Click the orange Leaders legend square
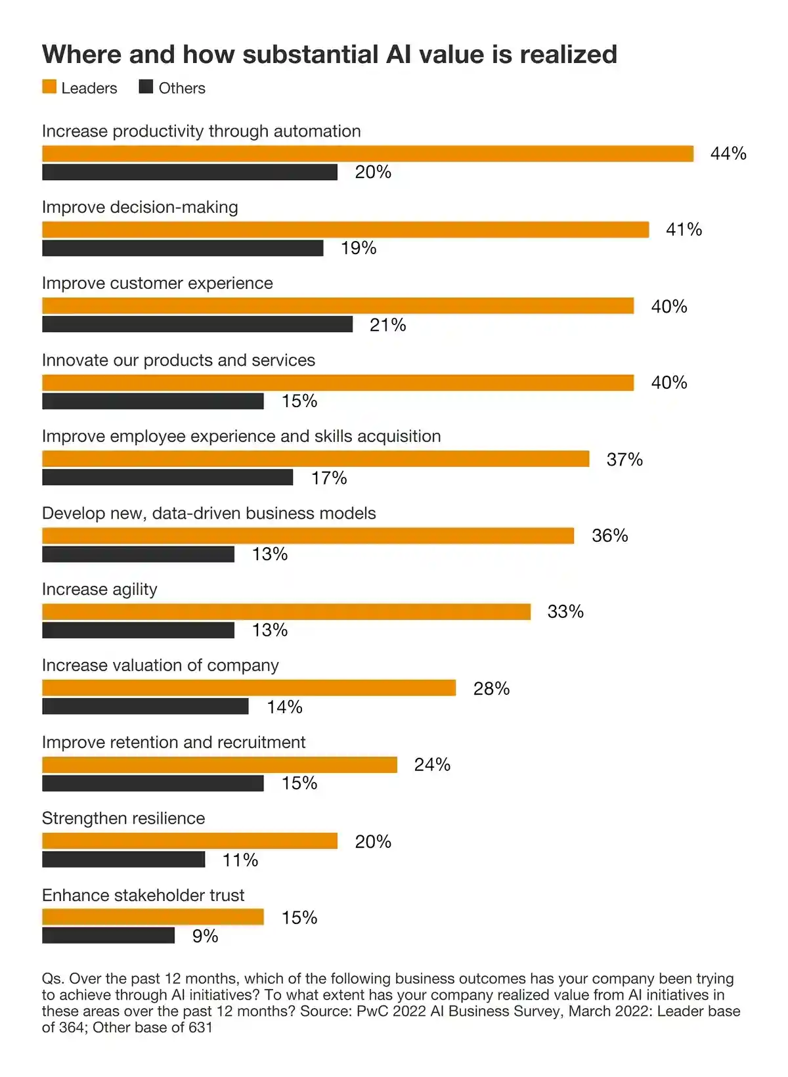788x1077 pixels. pyautogui.click(x=49, y=87)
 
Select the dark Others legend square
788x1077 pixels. pyautogui.click(x=146, y=87)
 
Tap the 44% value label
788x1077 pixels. pyautogui.click(x=728, y=154)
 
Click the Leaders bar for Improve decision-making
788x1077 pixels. pyautogui.click(x=345, y=230)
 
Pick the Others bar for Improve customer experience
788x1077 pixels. pyautogui.click(x=197, y=324)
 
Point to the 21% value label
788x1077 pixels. pyautogui.click(x=387, y=325)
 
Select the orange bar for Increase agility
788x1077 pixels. pyautogui.click(x=286, y=612)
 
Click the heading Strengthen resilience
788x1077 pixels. pyautogui.click(x=123, y=818)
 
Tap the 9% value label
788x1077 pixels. pyautogui.click(x=205, y=936)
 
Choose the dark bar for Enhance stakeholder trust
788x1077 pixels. pyautogui.click(x=108, y=935)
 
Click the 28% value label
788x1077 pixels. pyautogui.click(x=491, y=688)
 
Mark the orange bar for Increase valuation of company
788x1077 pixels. pyautogui.click(x=249, y=688)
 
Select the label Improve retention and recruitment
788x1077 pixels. pyautogui.click(x=173, y=742)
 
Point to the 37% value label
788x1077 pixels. pyautogui.click(x=624, y=460)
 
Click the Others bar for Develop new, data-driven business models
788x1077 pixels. pyautogui.click(x=138, y=554)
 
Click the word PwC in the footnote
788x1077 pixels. pyautogui.click(x=373, y=1011)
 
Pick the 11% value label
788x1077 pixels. pyautogui.click(x=240, y=860)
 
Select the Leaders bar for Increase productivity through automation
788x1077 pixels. pyautogui.click(x=368, y=154)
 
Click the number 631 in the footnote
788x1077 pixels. pyautogui.click(x=200, y=1027)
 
